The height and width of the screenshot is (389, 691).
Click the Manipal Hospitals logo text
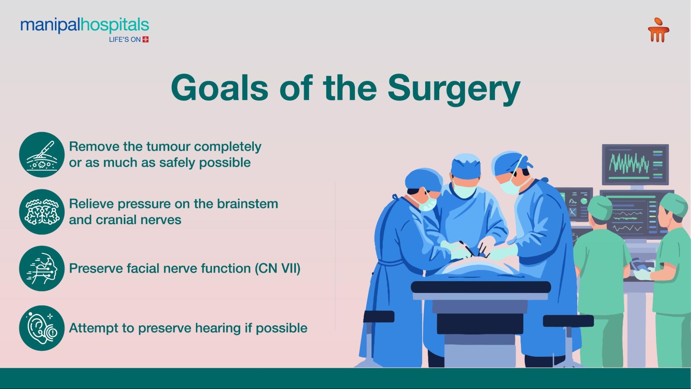85,25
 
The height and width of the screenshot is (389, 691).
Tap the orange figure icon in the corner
659,30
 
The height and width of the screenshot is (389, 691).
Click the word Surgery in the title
454,89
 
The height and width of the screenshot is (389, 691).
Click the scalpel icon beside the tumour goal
42,155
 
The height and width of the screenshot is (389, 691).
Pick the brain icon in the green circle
42,212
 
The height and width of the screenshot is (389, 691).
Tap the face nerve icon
42,268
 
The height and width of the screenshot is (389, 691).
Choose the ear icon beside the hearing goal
42,328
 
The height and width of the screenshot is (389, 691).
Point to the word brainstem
248,204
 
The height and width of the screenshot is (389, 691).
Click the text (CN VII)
278,268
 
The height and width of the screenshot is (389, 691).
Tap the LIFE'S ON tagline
125,39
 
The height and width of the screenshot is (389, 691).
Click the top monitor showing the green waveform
635,165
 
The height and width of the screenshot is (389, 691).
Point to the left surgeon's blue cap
423,179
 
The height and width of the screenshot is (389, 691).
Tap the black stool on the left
379,316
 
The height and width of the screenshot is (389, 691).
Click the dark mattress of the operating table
481,287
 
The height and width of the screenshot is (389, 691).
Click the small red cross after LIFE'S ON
146,39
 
